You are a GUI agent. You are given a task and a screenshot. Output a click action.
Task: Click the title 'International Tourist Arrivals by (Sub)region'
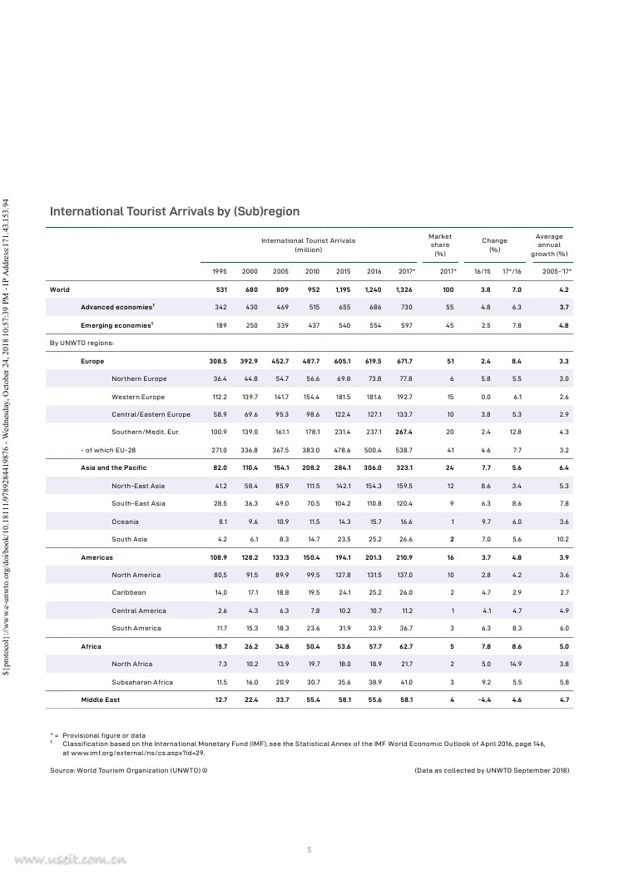click(x=175, y=212)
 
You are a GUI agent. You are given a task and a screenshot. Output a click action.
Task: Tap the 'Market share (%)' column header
click(x=440, y=245)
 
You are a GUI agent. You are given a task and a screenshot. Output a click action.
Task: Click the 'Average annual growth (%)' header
click(x=549, y=245)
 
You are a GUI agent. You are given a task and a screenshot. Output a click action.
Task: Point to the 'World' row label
click(x=60, y=289)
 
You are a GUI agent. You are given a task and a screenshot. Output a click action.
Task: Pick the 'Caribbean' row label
click(x=129, y=592)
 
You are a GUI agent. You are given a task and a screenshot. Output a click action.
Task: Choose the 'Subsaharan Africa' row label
click(x=142, y=682)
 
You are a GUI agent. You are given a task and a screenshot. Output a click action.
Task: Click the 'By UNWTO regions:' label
click(x=81, y=343)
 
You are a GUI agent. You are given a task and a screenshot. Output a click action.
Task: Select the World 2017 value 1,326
click(x=404, y=289)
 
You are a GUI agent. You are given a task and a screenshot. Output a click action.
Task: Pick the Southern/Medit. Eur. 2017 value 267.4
click(x=404, y=432)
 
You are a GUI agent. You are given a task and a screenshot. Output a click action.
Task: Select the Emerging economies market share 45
click(x=450, y=325)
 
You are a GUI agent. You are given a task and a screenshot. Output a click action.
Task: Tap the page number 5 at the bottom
click(x=309, y=849)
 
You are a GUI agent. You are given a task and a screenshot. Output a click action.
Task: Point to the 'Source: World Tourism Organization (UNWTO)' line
click(x=128, y=771)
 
